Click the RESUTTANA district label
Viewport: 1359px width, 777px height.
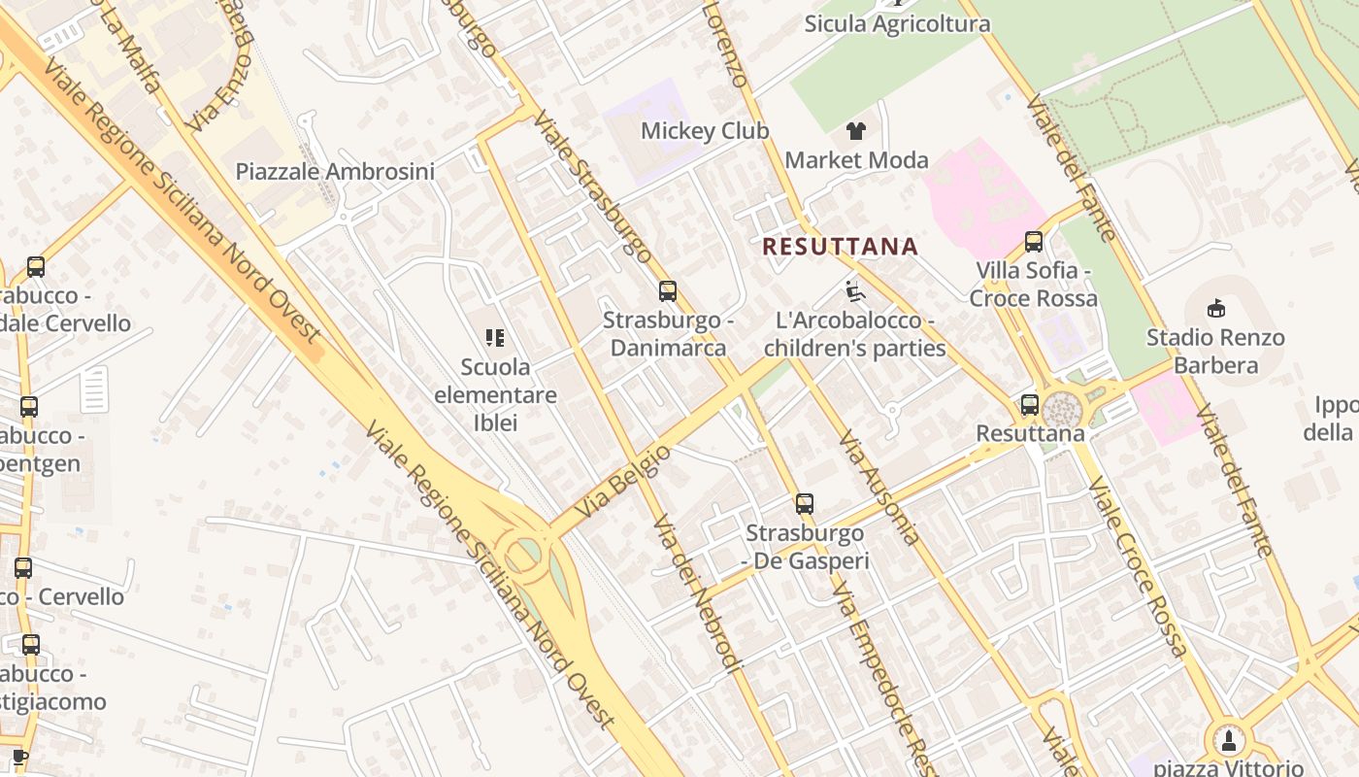[840, 247]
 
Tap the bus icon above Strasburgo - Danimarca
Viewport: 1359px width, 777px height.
[668, 291]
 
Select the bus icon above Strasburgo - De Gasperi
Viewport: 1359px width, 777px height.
[804, 504]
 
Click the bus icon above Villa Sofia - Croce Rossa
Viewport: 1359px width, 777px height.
[1034, 242]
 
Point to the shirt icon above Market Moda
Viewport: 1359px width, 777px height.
[855, 131]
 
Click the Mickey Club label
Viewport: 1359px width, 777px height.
[705, 131]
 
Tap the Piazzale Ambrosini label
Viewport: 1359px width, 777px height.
[335, 172]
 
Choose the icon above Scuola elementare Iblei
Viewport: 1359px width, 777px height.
[495, 338]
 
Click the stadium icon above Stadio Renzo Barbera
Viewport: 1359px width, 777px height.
[1215, 309]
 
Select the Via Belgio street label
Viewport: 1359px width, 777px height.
[622, 482]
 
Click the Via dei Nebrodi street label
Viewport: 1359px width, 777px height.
[697, 593]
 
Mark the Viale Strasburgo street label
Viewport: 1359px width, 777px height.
[591, 185]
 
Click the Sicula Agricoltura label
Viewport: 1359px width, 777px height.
[897, 24]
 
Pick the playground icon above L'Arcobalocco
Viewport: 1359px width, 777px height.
[854, 291]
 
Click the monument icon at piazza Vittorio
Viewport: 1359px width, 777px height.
[1229, 741]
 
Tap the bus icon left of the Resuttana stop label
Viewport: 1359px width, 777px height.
[1030, 405]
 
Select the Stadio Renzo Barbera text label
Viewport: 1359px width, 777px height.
[1215, 352]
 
